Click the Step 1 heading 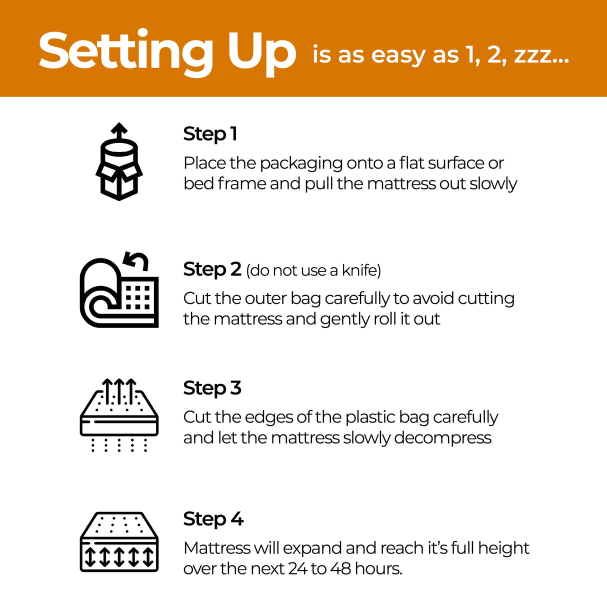pos(210,134)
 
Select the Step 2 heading pos(212,269)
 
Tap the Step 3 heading pos(212,388)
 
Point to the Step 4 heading pos(213,519)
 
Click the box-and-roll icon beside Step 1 pos(119,162)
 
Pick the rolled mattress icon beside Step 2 pos(119,292)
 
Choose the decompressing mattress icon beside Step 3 pos(119,415)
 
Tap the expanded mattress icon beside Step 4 pos(119,542)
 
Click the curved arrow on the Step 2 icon pos(137,260)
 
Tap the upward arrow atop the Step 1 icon pos(119,131)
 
